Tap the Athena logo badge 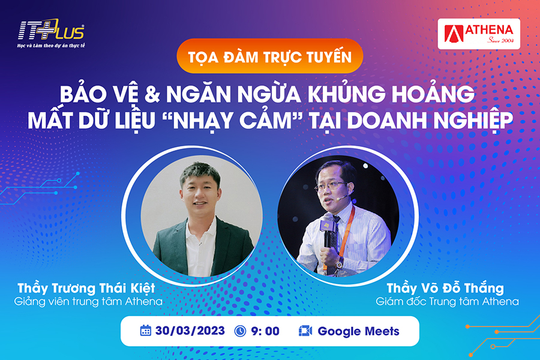tap(479, 34)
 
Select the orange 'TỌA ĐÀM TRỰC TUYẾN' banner tap(269, 56)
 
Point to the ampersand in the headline tap(152, 94)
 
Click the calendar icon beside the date tap(145, 331)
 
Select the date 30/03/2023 tap(190, 331)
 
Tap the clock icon tap(240, 331)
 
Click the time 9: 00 tap(265, 331)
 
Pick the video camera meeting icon tap(305, 331)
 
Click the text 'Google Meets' tap(358, 331)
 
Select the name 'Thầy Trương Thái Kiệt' tap(86, 288)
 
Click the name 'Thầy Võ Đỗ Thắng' tap(445, 288)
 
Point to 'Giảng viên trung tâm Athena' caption tap(88, 302)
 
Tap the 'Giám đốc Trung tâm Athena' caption tap(447, 302)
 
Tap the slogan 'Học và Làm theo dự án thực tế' tap(51, 46)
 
